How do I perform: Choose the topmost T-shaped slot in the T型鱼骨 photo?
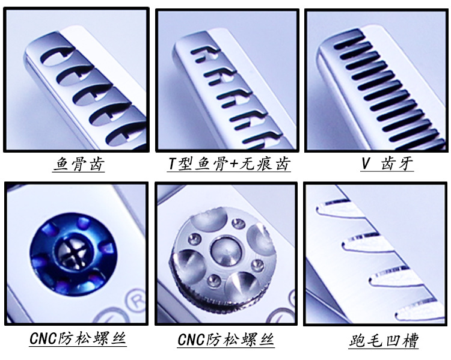[204, 55]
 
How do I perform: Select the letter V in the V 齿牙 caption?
[365, 163]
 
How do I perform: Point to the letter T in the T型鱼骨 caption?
[173, 164]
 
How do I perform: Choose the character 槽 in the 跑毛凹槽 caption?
[408, 341]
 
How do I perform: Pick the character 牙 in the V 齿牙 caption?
[406, 163]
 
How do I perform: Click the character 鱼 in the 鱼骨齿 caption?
[61, 164]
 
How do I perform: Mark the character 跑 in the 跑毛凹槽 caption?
[358, 341]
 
